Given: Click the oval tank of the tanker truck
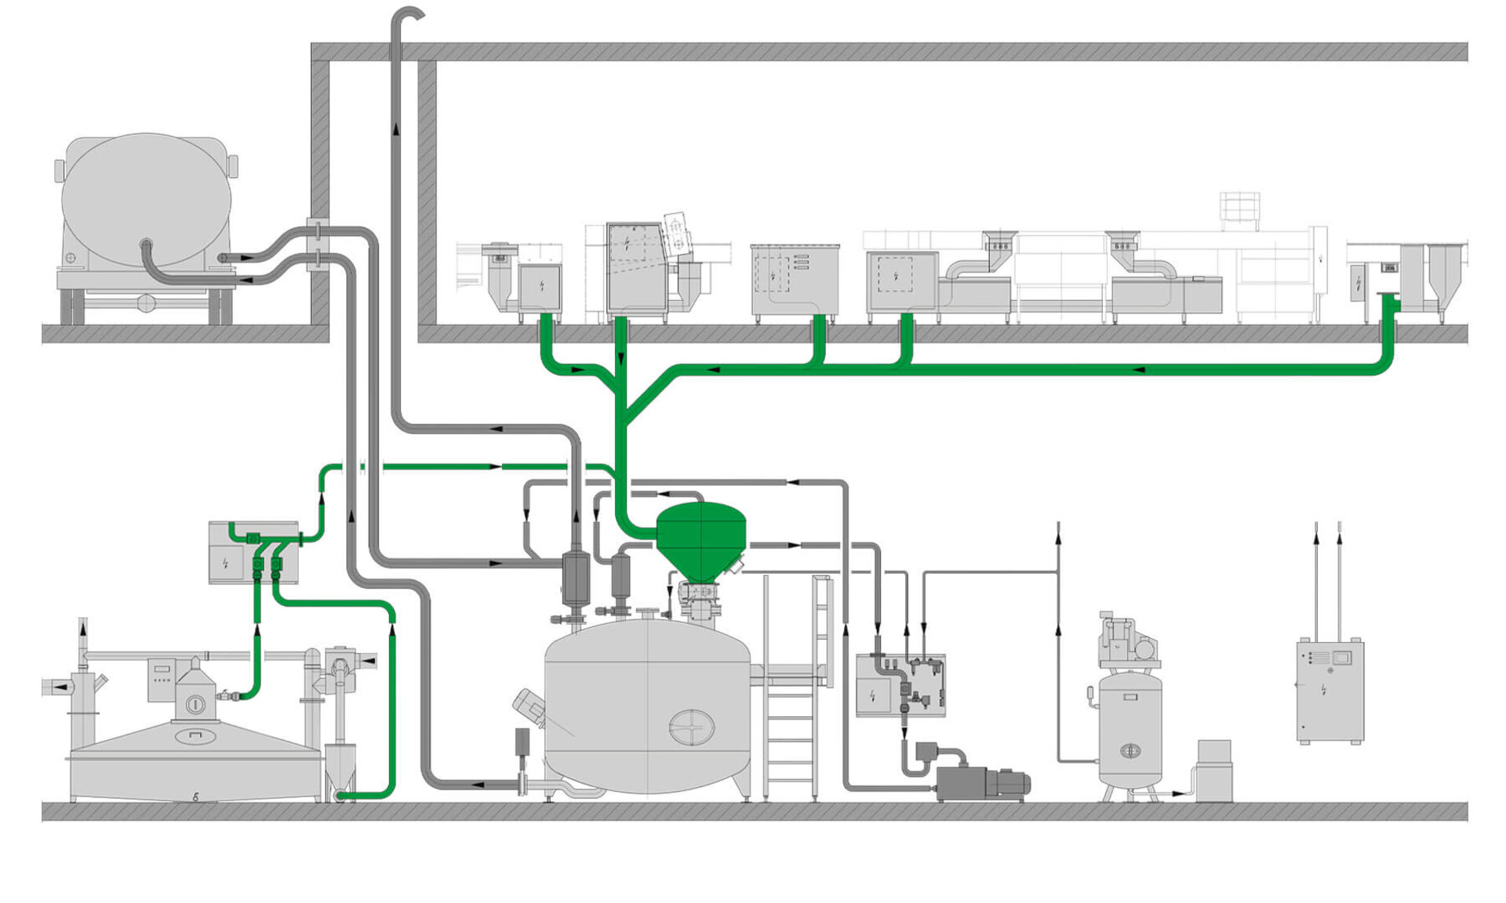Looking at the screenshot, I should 147,199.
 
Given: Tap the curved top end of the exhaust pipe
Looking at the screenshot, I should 409,13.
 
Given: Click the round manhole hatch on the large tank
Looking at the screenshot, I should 691,728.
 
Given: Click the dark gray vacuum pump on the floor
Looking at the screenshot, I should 980,783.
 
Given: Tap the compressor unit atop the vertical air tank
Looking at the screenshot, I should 1128,642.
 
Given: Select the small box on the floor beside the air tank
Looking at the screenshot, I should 1214,771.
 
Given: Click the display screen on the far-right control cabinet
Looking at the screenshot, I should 1341,657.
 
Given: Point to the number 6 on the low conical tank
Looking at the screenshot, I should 195,796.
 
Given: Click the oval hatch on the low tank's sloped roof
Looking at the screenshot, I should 194,735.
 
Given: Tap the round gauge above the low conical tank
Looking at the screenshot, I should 195,705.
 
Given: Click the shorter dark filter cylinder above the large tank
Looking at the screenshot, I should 620,577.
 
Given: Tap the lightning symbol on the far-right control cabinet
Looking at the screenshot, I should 1323,690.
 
